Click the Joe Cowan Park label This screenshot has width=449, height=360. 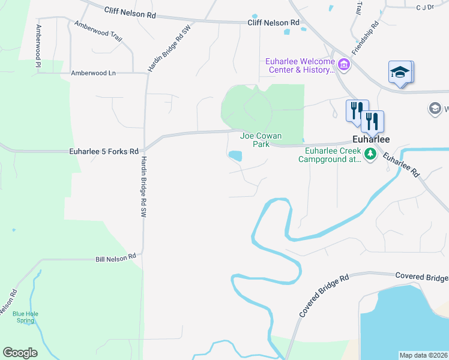point(261,140)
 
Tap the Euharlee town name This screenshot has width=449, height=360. point(370,139)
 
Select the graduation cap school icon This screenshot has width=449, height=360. point(399,73)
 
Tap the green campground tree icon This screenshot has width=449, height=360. point(370,155)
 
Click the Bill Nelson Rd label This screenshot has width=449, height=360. point(116,259)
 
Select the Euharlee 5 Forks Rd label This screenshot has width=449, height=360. point(104,151)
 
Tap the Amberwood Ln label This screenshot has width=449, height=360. point(93,73)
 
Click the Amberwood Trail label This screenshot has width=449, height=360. point(98,32)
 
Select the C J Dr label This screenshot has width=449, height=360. point(424,7)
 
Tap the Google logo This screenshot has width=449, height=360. point(20,353)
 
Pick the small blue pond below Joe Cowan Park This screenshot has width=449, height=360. point(235,156)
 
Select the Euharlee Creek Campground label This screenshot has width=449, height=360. point(332,155)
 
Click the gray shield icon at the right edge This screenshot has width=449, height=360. point(435,109)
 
